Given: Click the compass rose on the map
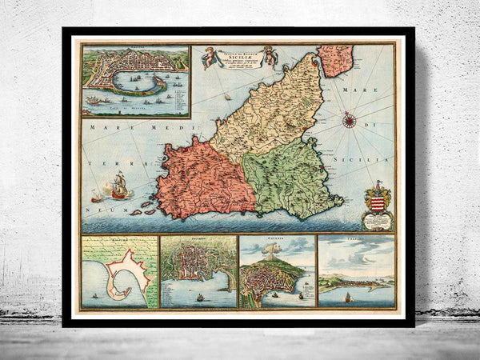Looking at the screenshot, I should (350, 122).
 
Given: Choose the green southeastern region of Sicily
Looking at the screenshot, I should (284, 180).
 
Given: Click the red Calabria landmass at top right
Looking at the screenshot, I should (336, 60).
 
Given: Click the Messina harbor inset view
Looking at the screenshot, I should (135, 79).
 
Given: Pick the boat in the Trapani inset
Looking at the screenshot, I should (348, 298).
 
